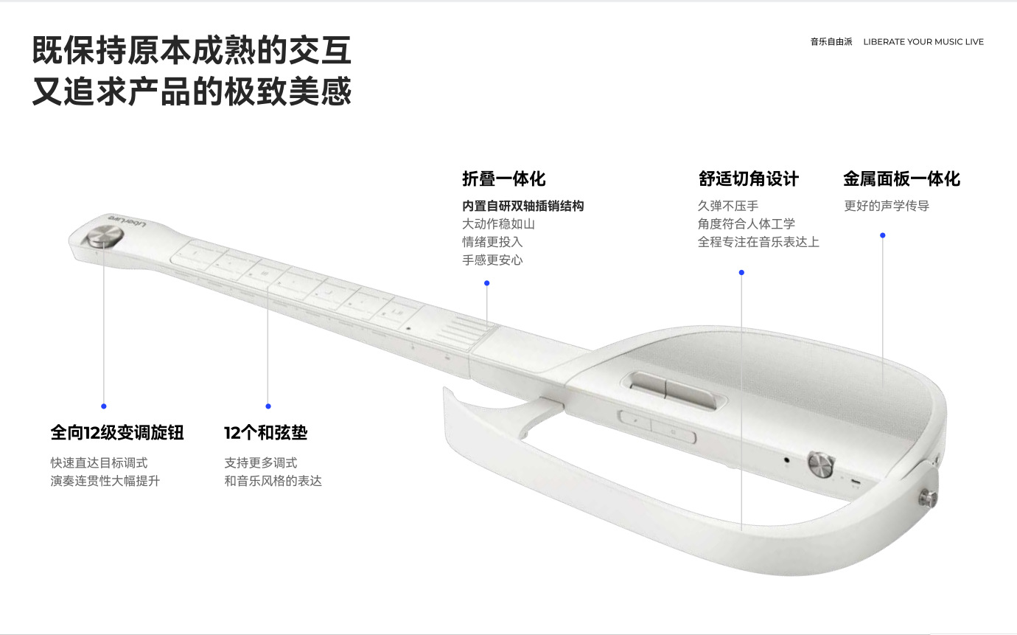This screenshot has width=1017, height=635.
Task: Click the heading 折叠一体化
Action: tap(503, 178)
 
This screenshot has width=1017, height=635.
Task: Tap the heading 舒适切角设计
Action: tap(748, 178)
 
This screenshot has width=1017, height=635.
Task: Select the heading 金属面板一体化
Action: tap(902, 178)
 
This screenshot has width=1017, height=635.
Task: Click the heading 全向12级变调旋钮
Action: tap(117, 432)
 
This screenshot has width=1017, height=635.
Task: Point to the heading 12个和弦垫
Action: tap(265, 432)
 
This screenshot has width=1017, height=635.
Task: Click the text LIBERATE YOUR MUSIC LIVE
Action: tap(923, 42)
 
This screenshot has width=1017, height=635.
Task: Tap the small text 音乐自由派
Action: tap(831, 42)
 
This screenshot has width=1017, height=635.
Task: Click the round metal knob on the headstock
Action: tap(105, 237)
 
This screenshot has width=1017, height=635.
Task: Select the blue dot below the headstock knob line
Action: tap(104, 406)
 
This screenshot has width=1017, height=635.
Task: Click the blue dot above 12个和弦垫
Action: tap(268, 406)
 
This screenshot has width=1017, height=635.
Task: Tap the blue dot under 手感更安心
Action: tap(486, 283)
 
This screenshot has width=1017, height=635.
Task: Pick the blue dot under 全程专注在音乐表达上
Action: tap(741, 273)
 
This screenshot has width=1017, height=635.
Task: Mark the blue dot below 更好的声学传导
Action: tap(883, 235)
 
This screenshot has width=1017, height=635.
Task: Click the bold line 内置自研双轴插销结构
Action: tap(523, 206)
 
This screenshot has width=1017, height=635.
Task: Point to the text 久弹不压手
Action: tap(728, 206)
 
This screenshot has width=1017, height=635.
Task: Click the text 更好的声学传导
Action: tap(887, 206)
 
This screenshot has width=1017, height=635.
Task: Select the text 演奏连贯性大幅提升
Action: tap(105, 481)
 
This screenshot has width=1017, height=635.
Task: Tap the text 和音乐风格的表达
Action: tap(273, 481)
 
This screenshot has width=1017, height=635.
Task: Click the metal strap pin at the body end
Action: tap(929, 498)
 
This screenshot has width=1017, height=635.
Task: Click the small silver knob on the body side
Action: tap(821, 464)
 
